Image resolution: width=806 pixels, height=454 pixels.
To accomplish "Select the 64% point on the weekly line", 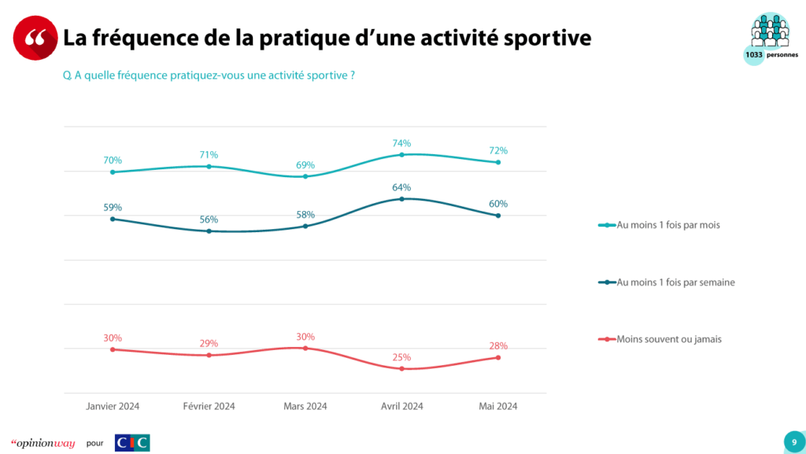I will point(402,199).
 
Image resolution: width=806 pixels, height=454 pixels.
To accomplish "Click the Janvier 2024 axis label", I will point(113,406).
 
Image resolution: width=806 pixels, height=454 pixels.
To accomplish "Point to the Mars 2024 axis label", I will point(305,406).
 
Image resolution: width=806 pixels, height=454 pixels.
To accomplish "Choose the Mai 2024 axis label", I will point(498,406).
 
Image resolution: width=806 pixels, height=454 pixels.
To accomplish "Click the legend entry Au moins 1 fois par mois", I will point(669,225).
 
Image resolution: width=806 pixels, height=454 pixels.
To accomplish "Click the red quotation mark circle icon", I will point(35,38).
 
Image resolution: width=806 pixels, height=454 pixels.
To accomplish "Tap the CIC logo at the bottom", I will point(131,442).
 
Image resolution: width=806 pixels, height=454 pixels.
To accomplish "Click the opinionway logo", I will point(43,443).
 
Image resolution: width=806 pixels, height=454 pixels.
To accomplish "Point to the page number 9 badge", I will point(793,441).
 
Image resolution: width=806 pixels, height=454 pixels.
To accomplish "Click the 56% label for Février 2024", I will point(209,220).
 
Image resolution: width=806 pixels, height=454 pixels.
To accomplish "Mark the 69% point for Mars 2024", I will point(305,176).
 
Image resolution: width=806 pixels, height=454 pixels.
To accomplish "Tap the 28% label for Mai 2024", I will point(498,345).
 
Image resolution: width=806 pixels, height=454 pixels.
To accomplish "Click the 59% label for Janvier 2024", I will point(113,208).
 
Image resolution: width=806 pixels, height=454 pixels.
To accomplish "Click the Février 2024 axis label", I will point(209,406).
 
